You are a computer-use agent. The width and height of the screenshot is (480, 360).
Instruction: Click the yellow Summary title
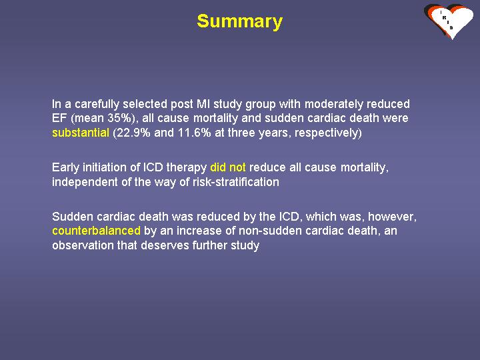pos(240,22)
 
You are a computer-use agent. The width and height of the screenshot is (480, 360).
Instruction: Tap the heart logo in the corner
pos(449,21)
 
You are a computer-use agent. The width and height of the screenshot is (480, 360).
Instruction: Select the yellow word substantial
pos(81,133)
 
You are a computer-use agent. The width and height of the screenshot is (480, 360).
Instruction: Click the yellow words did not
pos(228,167)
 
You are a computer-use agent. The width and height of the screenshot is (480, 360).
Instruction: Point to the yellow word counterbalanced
pos(97,231)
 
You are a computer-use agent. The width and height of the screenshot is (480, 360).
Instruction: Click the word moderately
pos(334,104)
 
